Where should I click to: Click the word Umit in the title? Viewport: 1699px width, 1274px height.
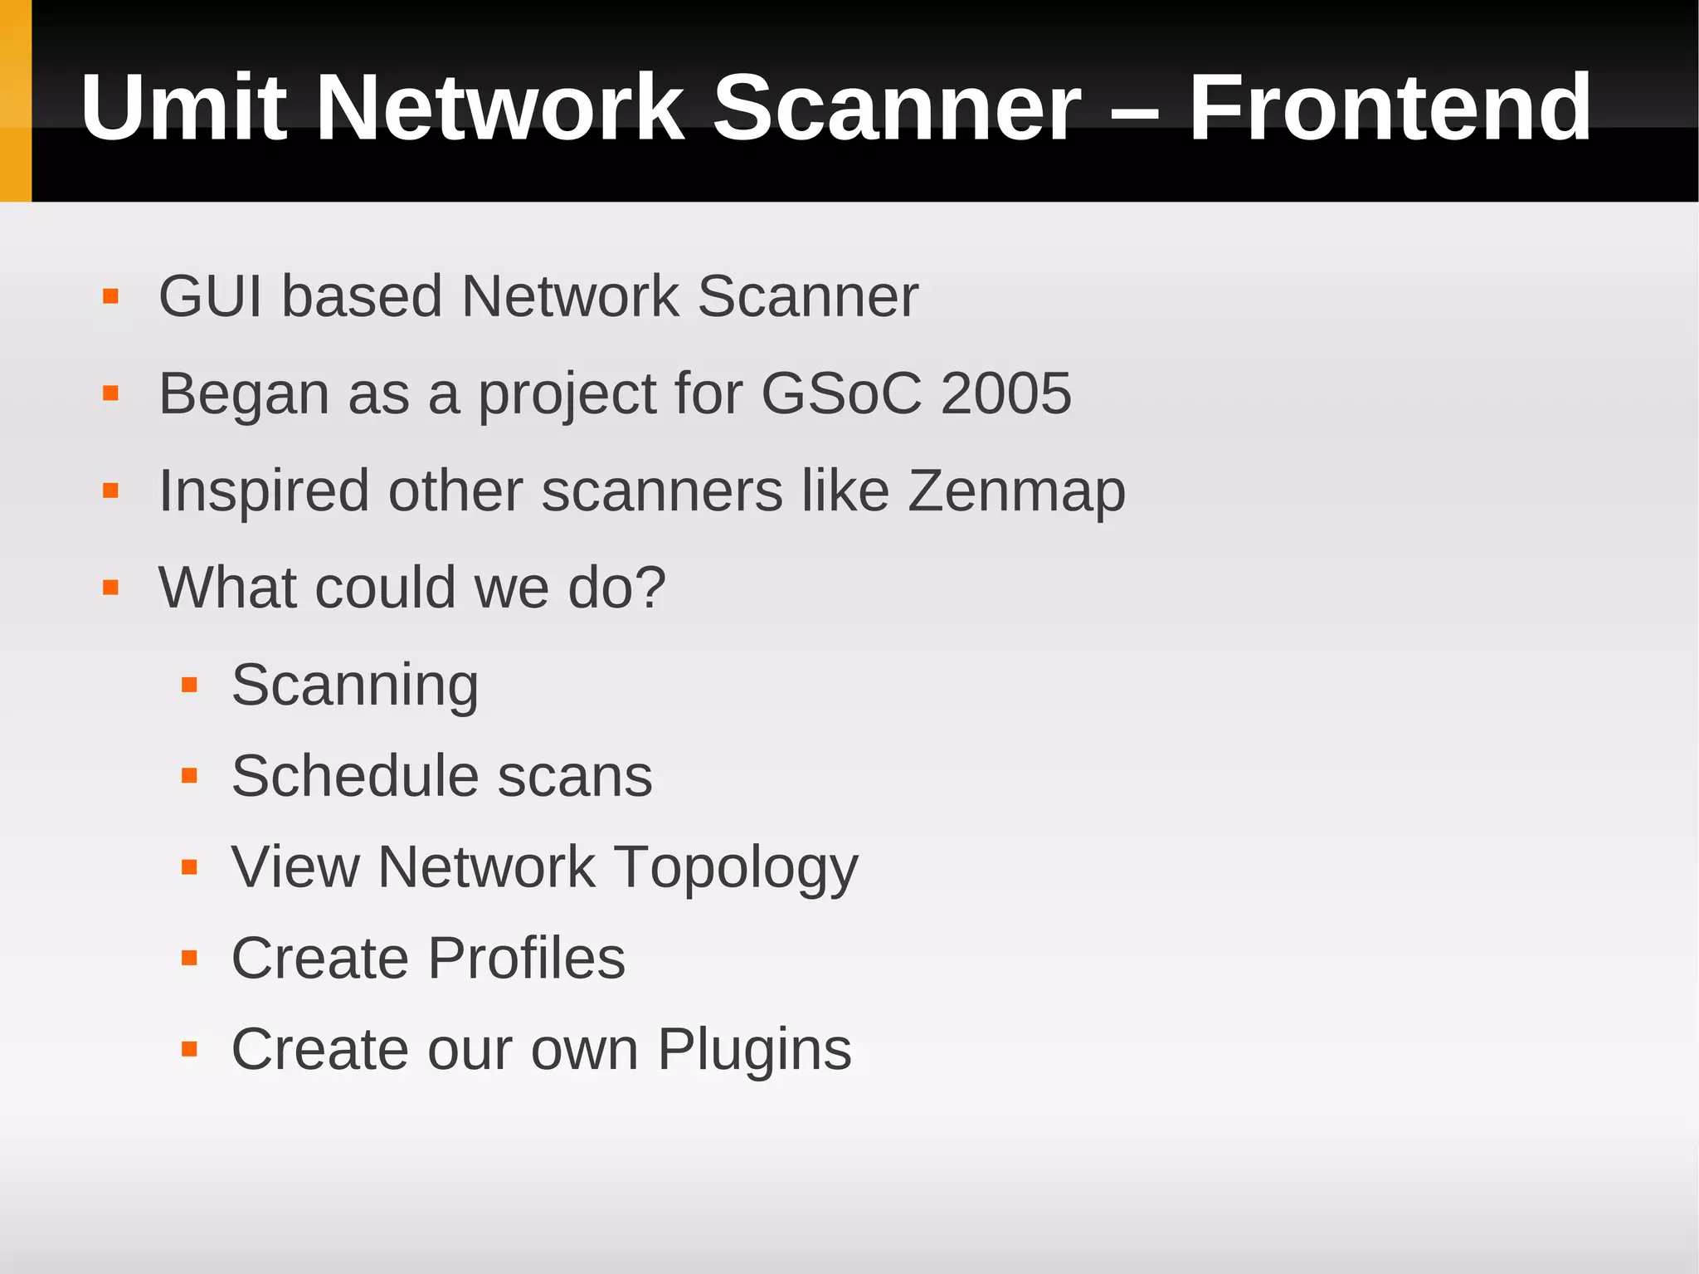pos(183,108)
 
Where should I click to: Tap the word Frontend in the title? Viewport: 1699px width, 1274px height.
pos(1390,108)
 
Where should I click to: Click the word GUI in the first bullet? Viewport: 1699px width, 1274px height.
pos(210,296)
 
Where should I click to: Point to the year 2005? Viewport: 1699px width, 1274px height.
pos(1005,393)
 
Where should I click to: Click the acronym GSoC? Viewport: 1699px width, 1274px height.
pos(841,393)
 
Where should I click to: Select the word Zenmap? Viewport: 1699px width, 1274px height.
pos(1016,491)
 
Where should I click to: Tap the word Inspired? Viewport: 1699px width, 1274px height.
pos(264,491)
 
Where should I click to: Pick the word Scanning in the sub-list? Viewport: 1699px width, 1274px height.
pos(355,686)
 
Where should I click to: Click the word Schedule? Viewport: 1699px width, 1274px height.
pos(354,777)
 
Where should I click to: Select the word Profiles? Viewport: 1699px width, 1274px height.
pos(527,959)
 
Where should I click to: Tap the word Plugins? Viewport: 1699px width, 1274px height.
pos(755,1051)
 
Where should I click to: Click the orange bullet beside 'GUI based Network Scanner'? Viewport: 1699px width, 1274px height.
pos(110,296)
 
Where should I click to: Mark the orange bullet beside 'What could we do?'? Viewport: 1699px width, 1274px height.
pos(110,588)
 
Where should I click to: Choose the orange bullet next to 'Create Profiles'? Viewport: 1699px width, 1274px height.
pos(189,959)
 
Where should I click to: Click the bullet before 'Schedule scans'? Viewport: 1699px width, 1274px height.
pos(189,777)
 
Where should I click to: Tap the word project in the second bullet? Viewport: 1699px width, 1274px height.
pos(567,395)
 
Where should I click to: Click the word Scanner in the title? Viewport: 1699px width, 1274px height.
pos(897,108)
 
